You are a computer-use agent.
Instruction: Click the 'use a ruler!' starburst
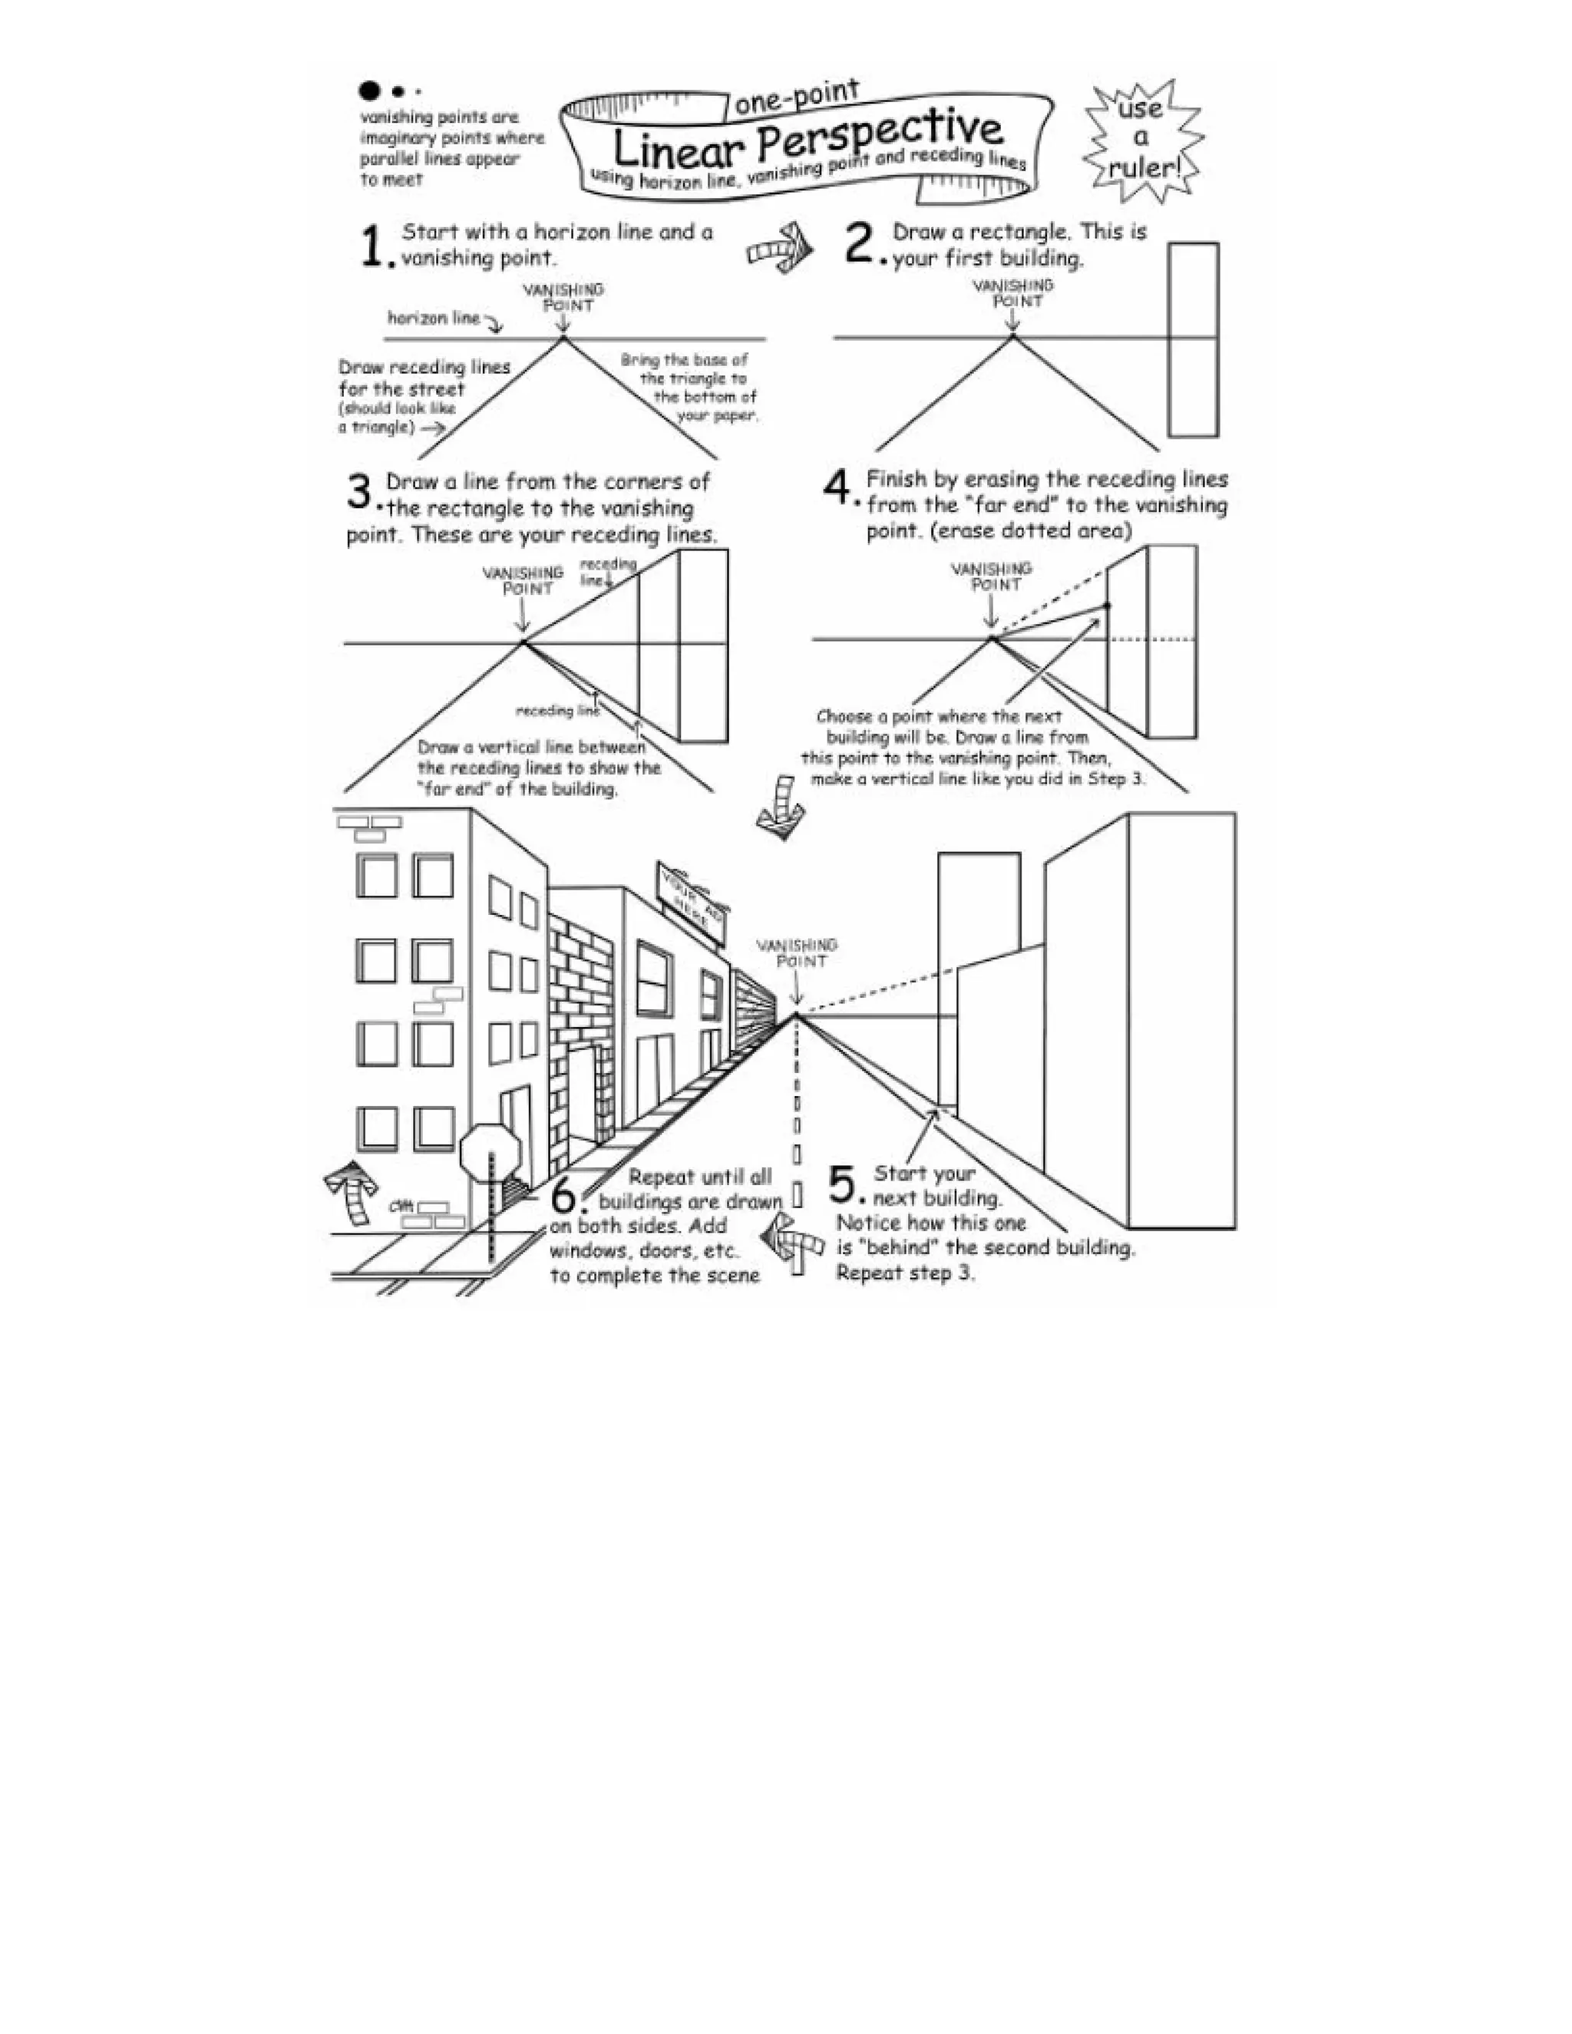1141,140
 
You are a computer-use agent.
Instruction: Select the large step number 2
857,244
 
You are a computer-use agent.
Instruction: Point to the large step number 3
361,492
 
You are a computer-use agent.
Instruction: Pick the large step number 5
842,1186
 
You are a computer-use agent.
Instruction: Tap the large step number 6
565,1195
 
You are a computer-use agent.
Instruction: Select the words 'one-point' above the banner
795,97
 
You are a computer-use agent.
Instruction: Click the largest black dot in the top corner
370,91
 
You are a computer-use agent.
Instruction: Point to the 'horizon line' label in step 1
433,319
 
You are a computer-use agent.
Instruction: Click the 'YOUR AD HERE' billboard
691,903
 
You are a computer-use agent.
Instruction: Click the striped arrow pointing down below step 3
781,808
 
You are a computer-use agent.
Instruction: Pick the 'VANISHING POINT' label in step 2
1013,292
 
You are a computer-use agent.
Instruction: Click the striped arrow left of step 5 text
792,1243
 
